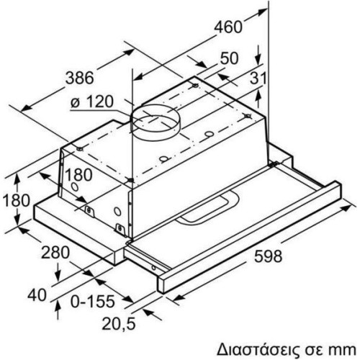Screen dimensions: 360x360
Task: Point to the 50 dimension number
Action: click(230, 58)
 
